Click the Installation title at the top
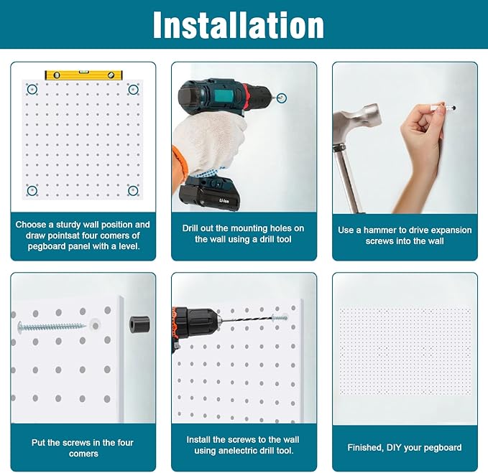(238, 25)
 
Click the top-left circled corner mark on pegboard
(32, 90)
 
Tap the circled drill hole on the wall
(282, 97)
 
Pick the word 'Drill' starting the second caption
(194, 228)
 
